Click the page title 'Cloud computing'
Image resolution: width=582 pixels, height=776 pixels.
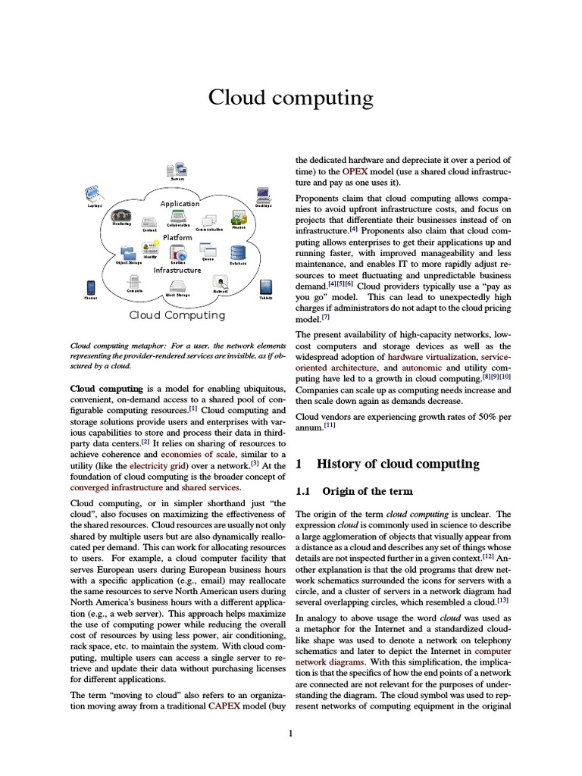[291, 99]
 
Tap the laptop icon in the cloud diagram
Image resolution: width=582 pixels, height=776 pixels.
[93, 193]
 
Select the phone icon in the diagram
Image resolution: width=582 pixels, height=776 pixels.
[91, 287]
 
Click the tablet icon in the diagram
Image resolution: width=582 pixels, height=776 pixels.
[266, 287]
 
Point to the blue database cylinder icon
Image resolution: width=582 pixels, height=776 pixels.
[238, 252]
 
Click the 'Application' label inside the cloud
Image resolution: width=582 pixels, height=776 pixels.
[180, 203]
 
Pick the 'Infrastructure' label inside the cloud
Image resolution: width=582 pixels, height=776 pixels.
[177, 270]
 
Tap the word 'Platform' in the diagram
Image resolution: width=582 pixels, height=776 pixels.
[178, 237]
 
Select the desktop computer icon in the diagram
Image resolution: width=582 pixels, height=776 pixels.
[263, 194]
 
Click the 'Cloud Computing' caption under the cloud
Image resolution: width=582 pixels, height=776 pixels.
[177, 315]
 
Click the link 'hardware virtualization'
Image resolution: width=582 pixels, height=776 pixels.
[431, 356]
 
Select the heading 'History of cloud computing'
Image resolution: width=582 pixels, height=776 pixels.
[397, 464]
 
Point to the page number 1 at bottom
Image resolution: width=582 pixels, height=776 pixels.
[290, 733]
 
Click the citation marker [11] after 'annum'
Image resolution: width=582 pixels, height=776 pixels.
[330, 426]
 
